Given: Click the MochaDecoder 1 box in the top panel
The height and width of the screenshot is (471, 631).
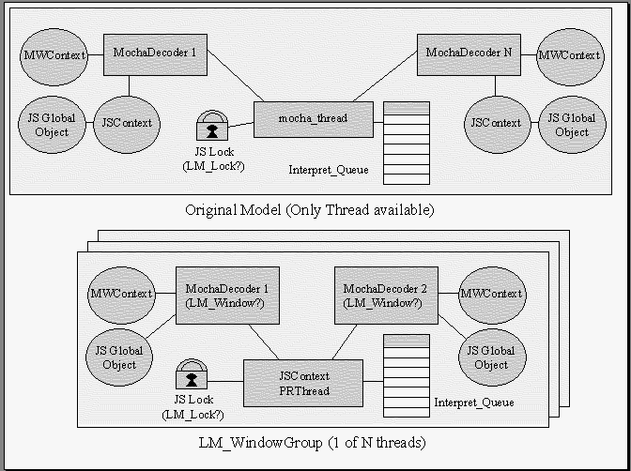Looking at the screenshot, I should pyautogui.click(x=155, y=53).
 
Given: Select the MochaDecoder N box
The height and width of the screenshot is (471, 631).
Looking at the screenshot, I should pyautogui.click(x=469, y=53).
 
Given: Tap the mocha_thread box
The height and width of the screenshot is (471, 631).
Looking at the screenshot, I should pyautogui.click(x=314, y=119).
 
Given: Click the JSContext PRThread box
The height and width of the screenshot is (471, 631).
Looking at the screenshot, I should pyautogui.click(x=303, y=383).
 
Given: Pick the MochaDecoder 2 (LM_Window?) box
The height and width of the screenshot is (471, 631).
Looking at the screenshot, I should pyautogui.click(x=381, y=294).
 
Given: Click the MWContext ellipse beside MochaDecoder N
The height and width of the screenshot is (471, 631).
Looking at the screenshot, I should pyautogui.click(x=569, y=55).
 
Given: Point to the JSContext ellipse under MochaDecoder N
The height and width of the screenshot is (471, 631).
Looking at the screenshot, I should pyautogui.click(x=496, y=123).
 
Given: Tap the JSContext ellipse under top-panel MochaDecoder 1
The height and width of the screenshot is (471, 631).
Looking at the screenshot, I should pyautogui.click(x=127, y=123).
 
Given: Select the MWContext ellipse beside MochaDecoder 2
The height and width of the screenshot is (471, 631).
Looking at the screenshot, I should pyautogui.click(x=491, y=294).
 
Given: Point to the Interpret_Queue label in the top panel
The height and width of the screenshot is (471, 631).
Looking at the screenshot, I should pyautogui.click(x=329, y=170).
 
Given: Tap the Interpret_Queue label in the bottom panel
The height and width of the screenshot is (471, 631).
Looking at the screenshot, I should pyautogui.click(x=473, y=403).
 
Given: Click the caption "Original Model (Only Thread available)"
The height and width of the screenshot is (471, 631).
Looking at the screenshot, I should pyautogui.click(x=310, y=209).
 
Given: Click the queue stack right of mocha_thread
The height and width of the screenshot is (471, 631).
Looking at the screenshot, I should pyautogui.click(x=407, y=143).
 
